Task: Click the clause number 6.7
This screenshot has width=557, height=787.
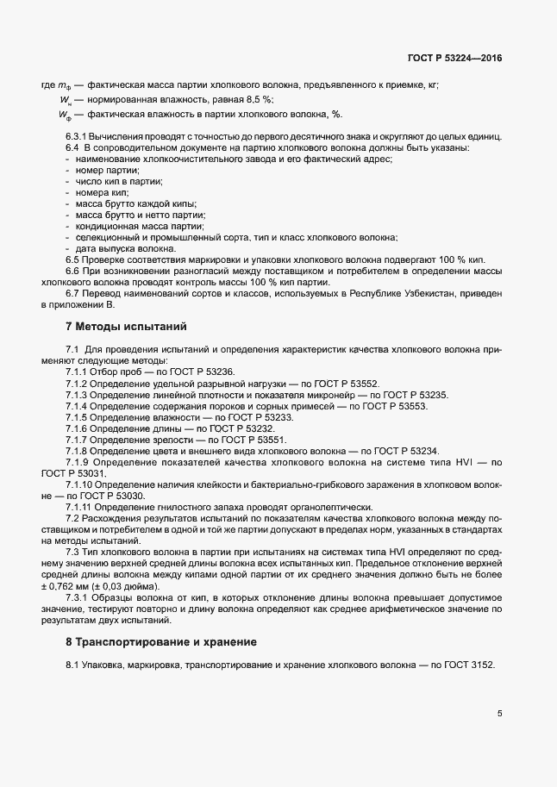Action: tap(73, 294)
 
